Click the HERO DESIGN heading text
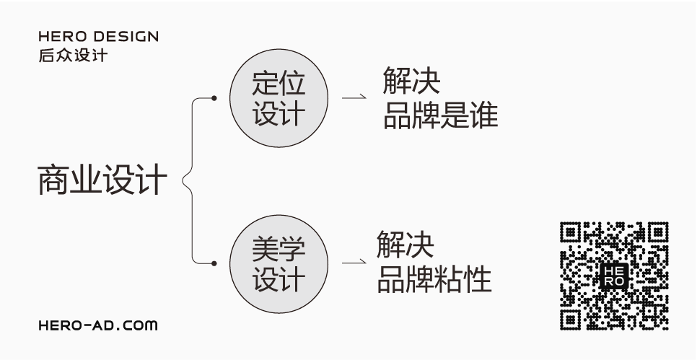point(98,37)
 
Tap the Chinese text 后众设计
point(73,55)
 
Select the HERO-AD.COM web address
point(97,326)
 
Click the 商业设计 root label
point(102,180)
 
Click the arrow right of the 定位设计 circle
point(354,98)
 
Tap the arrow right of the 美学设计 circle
point(354,263)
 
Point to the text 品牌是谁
point(440,116)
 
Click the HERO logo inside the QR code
point(614,276)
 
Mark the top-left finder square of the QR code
point(571,232)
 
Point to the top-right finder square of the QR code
point(657,232)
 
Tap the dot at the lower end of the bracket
point(214,263)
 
